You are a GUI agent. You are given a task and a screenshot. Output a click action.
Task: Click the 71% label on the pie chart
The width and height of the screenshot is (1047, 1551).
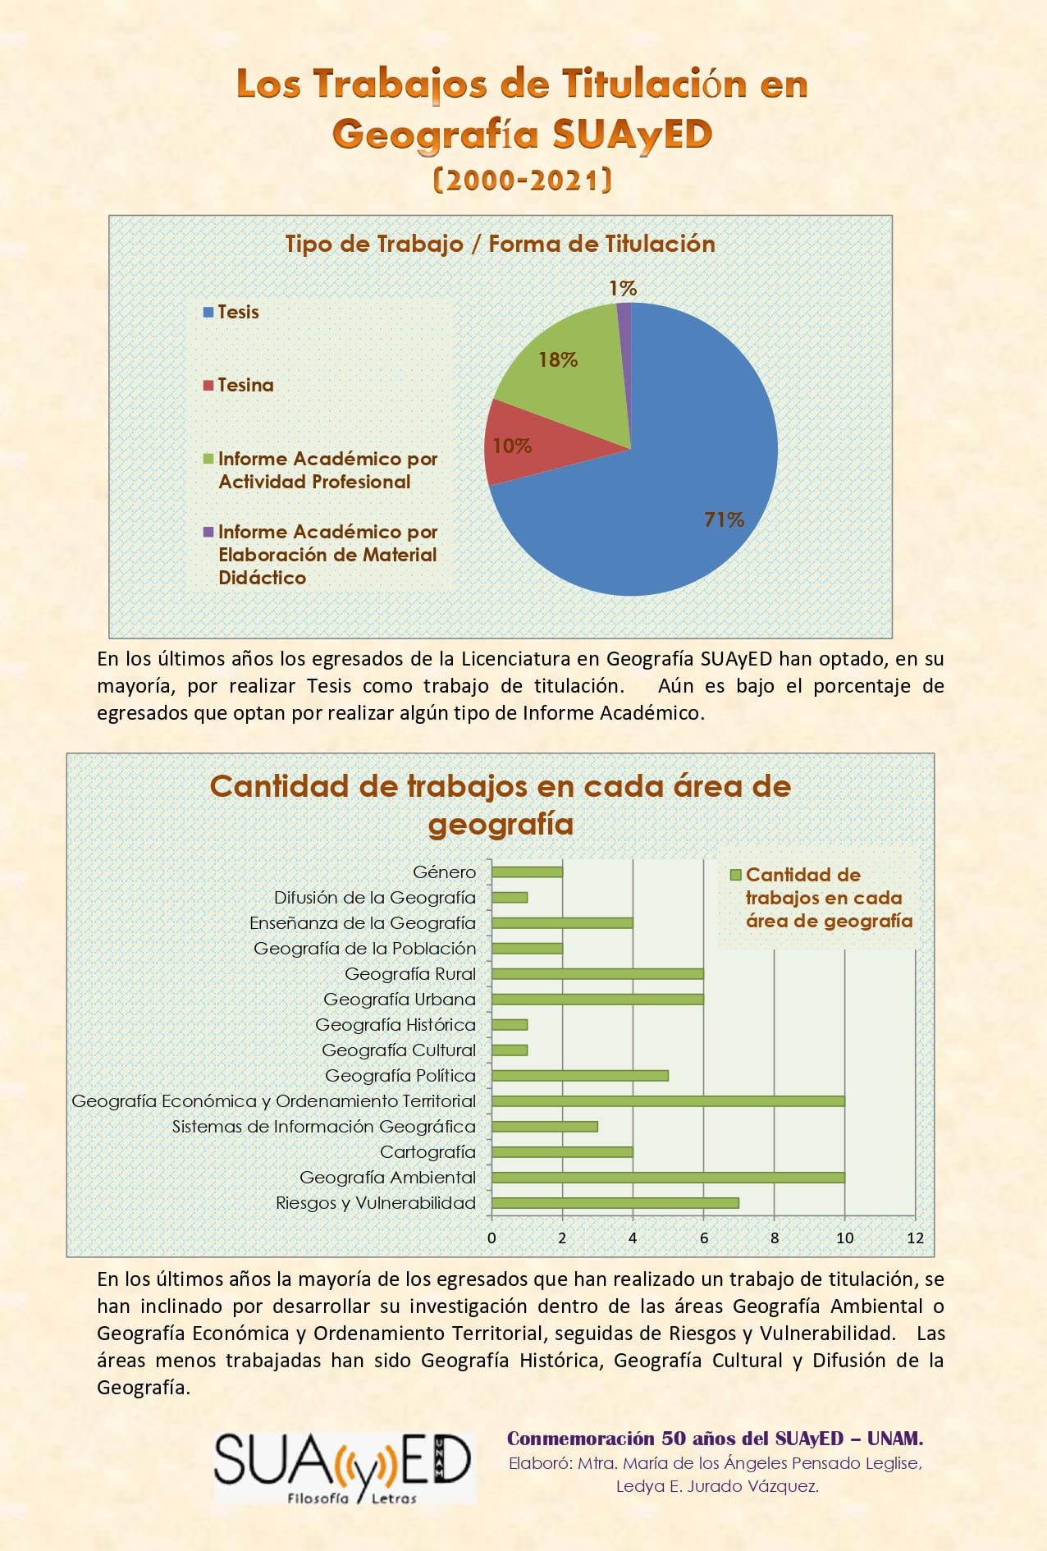point(724,519)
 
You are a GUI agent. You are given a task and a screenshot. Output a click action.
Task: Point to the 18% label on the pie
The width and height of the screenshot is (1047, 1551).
point(558,359)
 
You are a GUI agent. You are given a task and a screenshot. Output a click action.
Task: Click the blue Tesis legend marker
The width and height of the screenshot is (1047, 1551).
point(208,312)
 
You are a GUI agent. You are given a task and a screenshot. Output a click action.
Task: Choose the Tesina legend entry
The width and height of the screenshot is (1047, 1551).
point(239,385)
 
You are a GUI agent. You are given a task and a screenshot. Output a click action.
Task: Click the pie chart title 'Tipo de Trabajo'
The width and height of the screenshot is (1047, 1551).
point(374,244)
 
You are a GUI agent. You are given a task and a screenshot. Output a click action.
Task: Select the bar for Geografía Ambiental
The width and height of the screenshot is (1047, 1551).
point(668,1178)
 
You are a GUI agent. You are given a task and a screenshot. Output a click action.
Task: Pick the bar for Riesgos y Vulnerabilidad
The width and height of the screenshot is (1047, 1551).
point(615,1203)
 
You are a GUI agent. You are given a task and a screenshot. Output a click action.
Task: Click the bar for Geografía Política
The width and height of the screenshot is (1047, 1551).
point(580,1076)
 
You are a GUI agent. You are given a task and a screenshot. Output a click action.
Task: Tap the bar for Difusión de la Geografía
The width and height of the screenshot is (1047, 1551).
point(510,898)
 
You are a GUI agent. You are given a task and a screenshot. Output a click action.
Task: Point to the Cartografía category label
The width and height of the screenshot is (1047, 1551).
point(427,1152)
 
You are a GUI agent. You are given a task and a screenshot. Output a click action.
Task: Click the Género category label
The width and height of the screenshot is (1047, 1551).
point(444,872)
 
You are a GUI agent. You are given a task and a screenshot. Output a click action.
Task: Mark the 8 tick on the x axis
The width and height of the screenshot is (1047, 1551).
point(775,1238)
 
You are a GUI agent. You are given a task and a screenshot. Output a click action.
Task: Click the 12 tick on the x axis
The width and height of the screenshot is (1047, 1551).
point(915,1238)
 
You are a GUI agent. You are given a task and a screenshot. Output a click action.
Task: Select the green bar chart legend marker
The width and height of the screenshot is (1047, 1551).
point(735,875)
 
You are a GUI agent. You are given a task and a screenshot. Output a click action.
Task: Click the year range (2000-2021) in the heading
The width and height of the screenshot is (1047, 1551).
point(523,180)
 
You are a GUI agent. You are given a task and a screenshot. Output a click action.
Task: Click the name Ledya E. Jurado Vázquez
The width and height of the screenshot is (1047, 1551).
point(717,1486)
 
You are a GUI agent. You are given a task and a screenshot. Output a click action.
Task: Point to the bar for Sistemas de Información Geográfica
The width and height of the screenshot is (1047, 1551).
point(545,1127)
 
